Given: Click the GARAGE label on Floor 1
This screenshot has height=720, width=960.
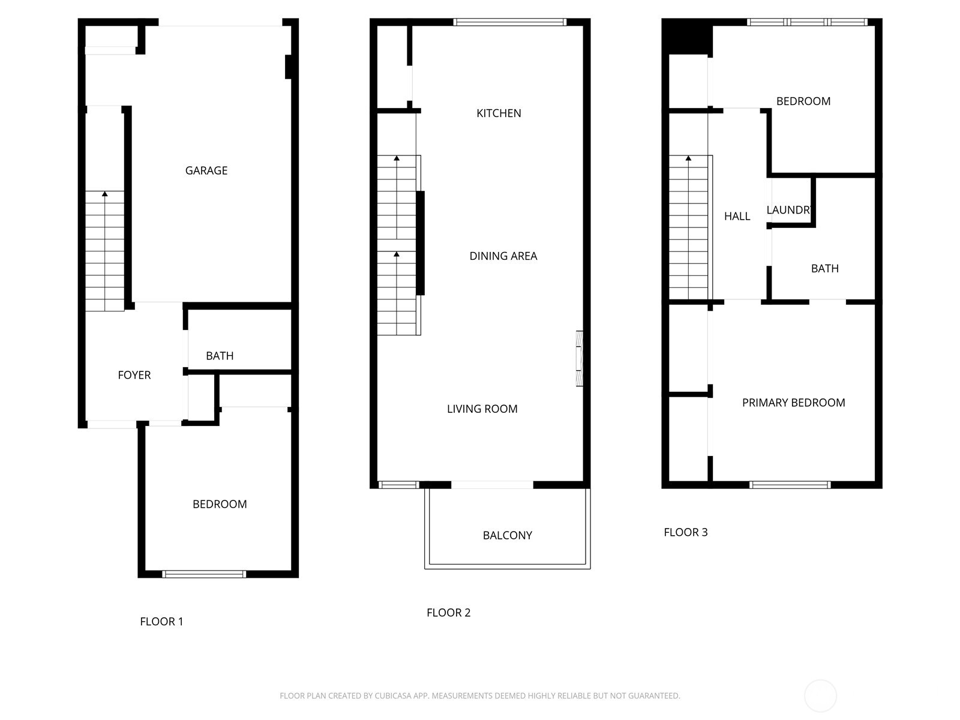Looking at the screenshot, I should point(206,170).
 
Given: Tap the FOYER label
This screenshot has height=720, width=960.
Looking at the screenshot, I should point(134,375).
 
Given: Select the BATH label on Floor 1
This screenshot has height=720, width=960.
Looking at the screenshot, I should point(220,356).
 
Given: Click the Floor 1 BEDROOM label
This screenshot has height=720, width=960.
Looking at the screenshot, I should point(220,504).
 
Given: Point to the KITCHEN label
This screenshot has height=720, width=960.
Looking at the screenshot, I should point(499,113).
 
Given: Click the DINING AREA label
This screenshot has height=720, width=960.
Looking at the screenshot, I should point(503,256).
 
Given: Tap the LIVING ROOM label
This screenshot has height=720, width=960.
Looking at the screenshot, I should point(482,409).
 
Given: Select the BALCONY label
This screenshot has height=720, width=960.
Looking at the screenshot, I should point(507,535).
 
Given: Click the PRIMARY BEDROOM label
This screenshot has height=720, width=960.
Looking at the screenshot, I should point(793,403).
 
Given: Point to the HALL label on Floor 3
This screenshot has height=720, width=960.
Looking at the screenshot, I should point(737,216).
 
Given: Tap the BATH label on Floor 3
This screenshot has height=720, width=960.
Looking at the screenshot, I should point(824,268).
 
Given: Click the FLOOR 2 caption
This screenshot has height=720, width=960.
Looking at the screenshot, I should point(448,613).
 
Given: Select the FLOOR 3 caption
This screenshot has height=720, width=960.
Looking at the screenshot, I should point(685,532).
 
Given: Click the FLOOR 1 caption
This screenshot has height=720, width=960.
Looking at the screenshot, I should point(161,622).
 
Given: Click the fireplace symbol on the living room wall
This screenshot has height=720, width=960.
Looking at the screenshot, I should point(580,358).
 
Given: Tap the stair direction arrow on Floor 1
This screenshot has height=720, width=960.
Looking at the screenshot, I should point(105,194).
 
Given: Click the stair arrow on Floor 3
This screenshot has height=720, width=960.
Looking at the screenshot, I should point(688,158).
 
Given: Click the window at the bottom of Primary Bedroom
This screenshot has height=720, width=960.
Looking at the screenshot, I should point(790,485).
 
